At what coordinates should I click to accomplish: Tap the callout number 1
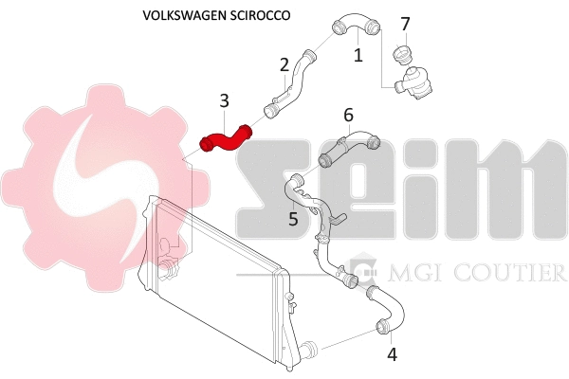point(358,56)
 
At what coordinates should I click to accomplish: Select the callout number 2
point(284,64)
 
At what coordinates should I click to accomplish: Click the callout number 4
point(392,355)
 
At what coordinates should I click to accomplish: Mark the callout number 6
point(348,115)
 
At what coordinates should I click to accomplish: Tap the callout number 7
point(405,23)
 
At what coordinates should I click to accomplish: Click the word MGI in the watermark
point(408,273)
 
